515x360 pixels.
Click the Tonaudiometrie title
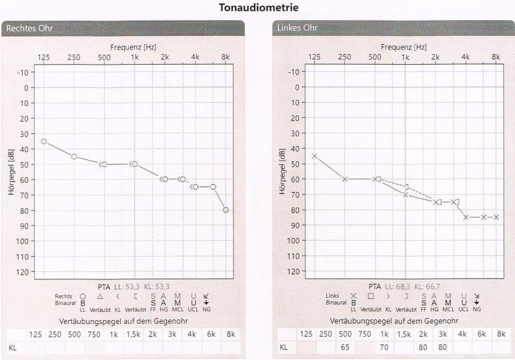(x=257, y=8)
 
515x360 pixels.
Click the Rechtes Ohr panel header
(x=30, y=29)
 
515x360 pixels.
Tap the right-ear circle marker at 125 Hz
(x=44, y=141)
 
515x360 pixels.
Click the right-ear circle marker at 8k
(x=226, y=210)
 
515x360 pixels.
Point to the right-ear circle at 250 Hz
(x=74, y=157)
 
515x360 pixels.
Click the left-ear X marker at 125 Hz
(x=314, y=156)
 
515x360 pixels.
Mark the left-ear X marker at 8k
(x=496, y=217)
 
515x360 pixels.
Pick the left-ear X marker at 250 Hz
(x=345, y=179)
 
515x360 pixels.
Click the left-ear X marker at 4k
(x=466, y=217)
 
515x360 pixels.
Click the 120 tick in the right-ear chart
(x=23, y=272)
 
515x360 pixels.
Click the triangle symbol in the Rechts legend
(x=99, y=295)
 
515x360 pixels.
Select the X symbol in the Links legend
(x=354, y=295)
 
